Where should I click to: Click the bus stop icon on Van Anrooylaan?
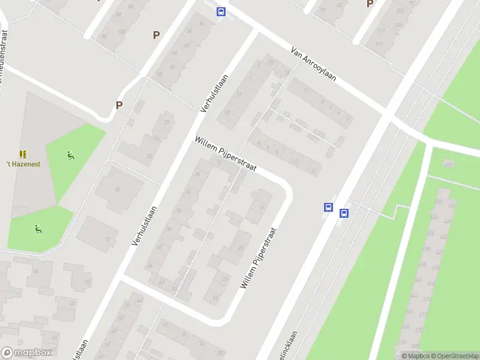coord(221,11)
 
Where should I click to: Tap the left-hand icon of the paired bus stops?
coord(329,207)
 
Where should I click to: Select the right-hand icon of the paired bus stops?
coord(344,213)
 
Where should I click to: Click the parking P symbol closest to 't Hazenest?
coord(119,106)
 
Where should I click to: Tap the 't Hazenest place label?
coord(23,164)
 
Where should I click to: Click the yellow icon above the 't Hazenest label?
coord(23,154)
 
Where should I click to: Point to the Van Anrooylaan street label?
coord(313,65)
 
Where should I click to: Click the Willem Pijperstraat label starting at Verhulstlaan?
coord(225,154)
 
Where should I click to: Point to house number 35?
coord(117,190)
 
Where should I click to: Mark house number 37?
coord(109,238)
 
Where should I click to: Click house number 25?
coord(241,247)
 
